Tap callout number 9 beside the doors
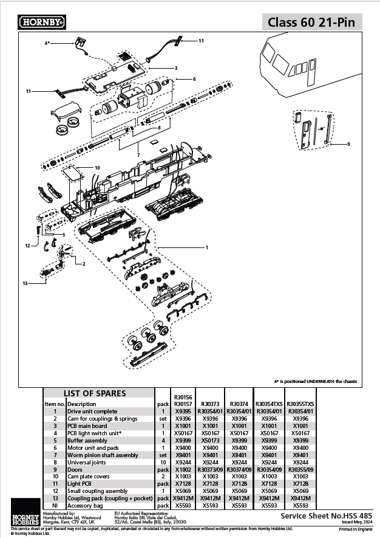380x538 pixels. (x=348, y=144)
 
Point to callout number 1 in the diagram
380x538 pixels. (x=207, y=247)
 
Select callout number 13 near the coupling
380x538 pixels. (x=25, y=283)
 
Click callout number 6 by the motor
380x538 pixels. (x=194, y=79)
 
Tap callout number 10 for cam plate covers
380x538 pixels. (x=97, y=167)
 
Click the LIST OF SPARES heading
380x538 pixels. (x=95, y=393)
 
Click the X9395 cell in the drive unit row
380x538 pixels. (x=183, y=411)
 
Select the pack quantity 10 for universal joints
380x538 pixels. (x=162, y=461)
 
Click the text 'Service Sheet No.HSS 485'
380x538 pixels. (x=327, y=515)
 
